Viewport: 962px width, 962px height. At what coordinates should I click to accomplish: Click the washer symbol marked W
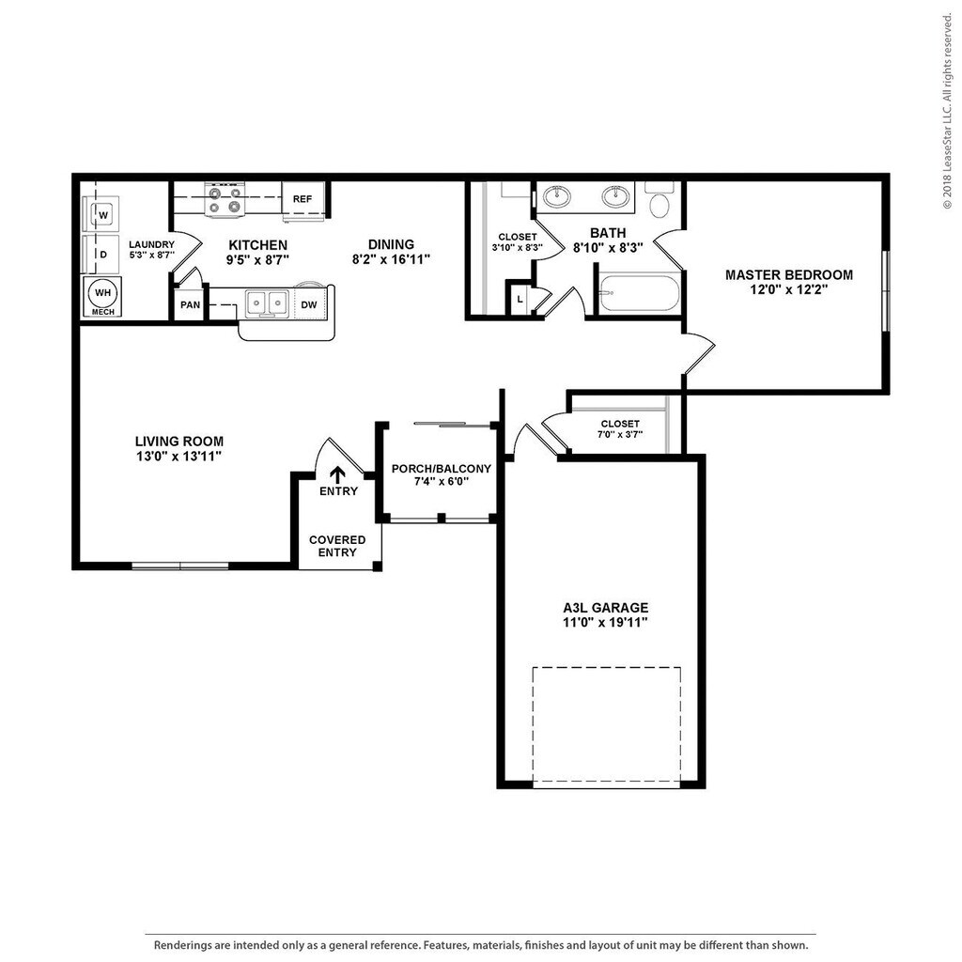102,215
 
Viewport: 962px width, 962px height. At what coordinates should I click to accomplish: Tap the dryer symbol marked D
102,255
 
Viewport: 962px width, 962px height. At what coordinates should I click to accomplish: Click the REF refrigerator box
303,199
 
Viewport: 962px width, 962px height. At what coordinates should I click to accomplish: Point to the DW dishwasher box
308,304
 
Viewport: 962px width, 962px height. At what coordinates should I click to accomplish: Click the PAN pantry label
190,305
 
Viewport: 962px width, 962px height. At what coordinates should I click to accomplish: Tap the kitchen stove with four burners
225,200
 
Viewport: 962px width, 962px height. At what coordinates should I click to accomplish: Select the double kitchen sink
268,303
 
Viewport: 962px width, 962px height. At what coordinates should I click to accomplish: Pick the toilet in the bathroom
659,202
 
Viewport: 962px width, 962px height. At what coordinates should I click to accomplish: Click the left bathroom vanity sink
558,197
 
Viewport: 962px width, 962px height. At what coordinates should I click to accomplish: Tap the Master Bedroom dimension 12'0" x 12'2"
789,290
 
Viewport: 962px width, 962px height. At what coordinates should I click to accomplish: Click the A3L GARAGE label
599,608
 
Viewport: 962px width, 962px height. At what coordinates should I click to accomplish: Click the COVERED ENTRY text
337,546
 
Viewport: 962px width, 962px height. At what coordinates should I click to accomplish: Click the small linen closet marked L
520,299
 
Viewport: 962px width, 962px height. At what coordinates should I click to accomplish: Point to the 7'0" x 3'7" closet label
619,435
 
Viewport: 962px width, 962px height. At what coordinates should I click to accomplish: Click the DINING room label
391,244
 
